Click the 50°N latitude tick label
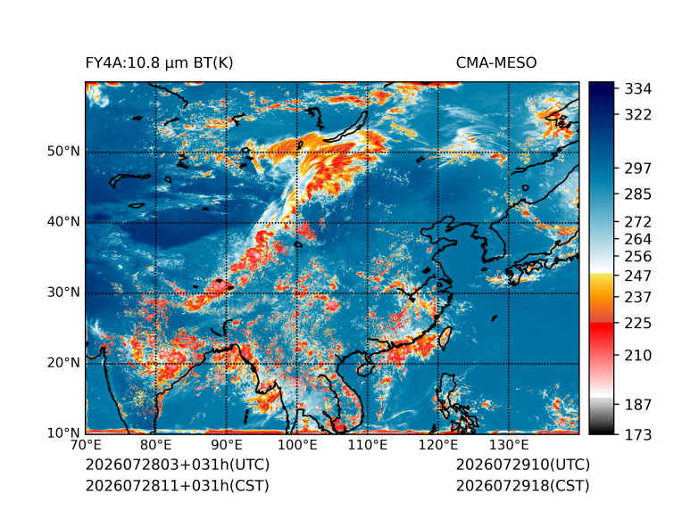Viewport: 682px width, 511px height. (x=63, y=152)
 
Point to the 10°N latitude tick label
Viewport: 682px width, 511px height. (x=63, y=433)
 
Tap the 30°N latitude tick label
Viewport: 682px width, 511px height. (x=63, y=292)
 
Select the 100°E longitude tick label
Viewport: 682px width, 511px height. (x=297, y=445)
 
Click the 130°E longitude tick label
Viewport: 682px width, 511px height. (x=509, y=445)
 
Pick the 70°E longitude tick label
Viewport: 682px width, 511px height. (x=86, y=445)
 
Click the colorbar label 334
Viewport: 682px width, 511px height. (x=638, y=89)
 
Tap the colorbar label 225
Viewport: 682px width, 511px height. (x=638, y=324)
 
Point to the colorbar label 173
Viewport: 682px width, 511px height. (x=638, y=434)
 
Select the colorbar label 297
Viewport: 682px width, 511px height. (x=638, y=169)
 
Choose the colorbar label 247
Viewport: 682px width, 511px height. (x=638, y=276)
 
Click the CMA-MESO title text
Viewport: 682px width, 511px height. (x=496, y=63)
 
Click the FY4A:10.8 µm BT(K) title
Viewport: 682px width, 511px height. (x=159, y=63)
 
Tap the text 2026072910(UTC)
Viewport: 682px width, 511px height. (x=523, y=465)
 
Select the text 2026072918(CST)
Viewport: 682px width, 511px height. (x=523, y=486)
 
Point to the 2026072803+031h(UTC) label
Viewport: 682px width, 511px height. (x=178, y=465)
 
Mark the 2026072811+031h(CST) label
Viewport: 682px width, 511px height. (x=178, y=486)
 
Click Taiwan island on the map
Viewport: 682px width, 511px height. (x=445, y=339)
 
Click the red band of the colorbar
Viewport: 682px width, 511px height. (x=602, y=334)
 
